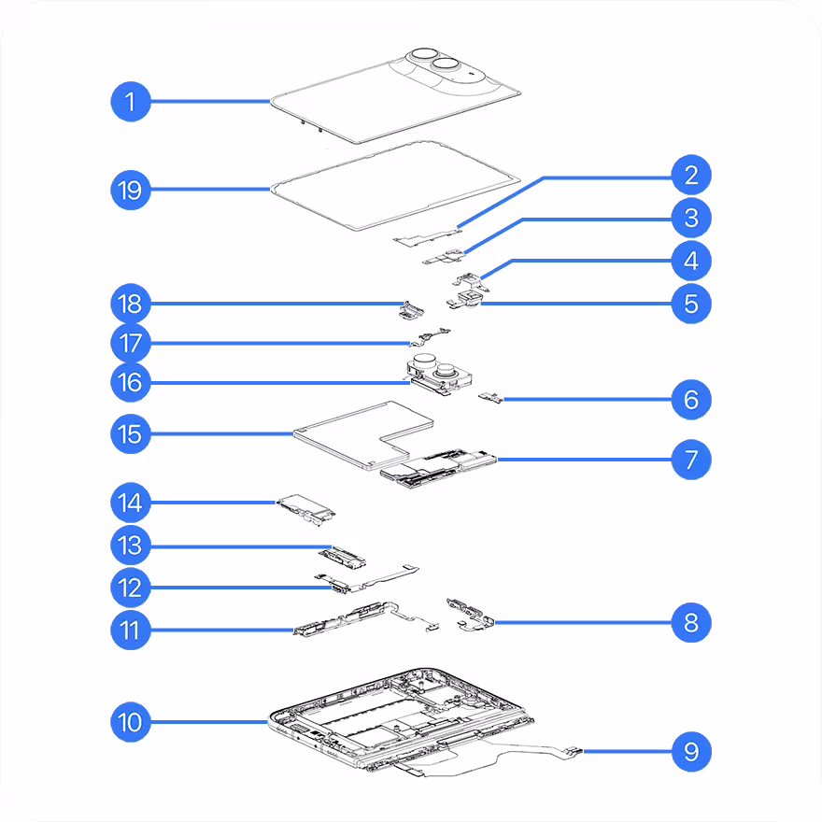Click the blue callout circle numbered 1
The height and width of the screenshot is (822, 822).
click(131, 102)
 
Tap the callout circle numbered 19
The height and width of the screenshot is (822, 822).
click(131, 190)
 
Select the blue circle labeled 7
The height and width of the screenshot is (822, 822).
click(691, 460)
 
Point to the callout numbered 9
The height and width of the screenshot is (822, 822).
click(691, 752)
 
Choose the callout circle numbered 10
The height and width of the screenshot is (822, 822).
click(131, 722)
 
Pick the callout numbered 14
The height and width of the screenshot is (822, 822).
click(131, 503)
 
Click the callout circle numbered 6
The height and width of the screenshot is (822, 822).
click(691, 400)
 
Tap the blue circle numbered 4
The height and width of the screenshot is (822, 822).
click(691, 261)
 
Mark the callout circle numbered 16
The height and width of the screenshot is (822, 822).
click(131, 382)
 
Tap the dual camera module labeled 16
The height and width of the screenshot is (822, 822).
click(438, 374)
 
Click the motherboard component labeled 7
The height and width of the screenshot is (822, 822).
click(438, 468)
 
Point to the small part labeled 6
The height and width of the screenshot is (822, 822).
click(490, 398)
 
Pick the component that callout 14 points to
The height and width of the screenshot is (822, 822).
click(306, 509)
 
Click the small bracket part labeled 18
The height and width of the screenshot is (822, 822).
click(411, 310)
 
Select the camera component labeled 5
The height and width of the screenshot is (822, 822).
click(466, 301)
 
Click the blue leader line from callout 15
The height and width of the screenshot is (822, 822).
click(221, 433)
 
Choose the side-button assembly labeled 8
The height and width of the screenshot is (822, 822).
click(470, 615)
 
